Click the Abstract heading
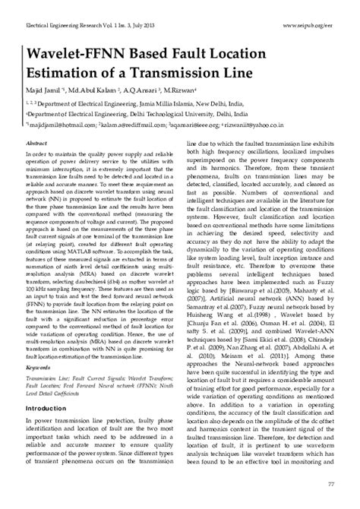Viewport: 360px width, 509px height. point(38,143)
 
